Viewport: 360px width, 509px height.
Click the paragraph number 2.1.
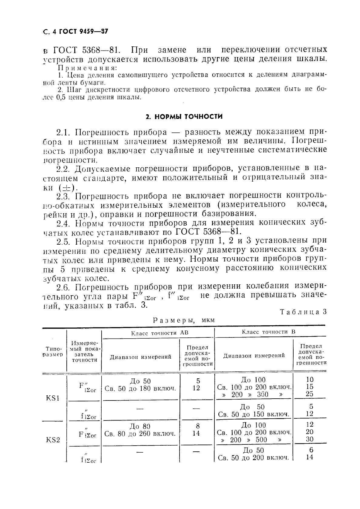coord(64,132)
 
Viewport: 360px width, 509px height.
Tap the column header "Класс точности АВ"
coord(160,333)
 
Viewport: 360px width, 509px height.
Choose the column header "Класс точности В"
coord(269,332)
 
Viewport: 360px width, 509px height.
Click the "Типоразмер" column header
coord(53,352)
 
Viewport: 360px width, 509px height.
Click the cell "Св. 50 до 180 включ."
coord(140,388)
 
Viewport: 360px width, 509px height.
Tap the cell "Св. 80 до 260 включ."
coord(140,434)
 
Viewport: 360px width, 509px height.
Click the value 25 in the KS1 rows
coord(310,394)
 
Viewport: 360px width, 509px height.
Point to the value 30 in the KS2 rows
coord(310,439)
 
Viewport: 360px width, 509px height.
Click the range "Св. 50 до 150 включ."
coord(254,414)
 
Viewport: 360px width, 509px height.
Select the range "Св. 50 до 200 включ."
coord(254,458)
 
